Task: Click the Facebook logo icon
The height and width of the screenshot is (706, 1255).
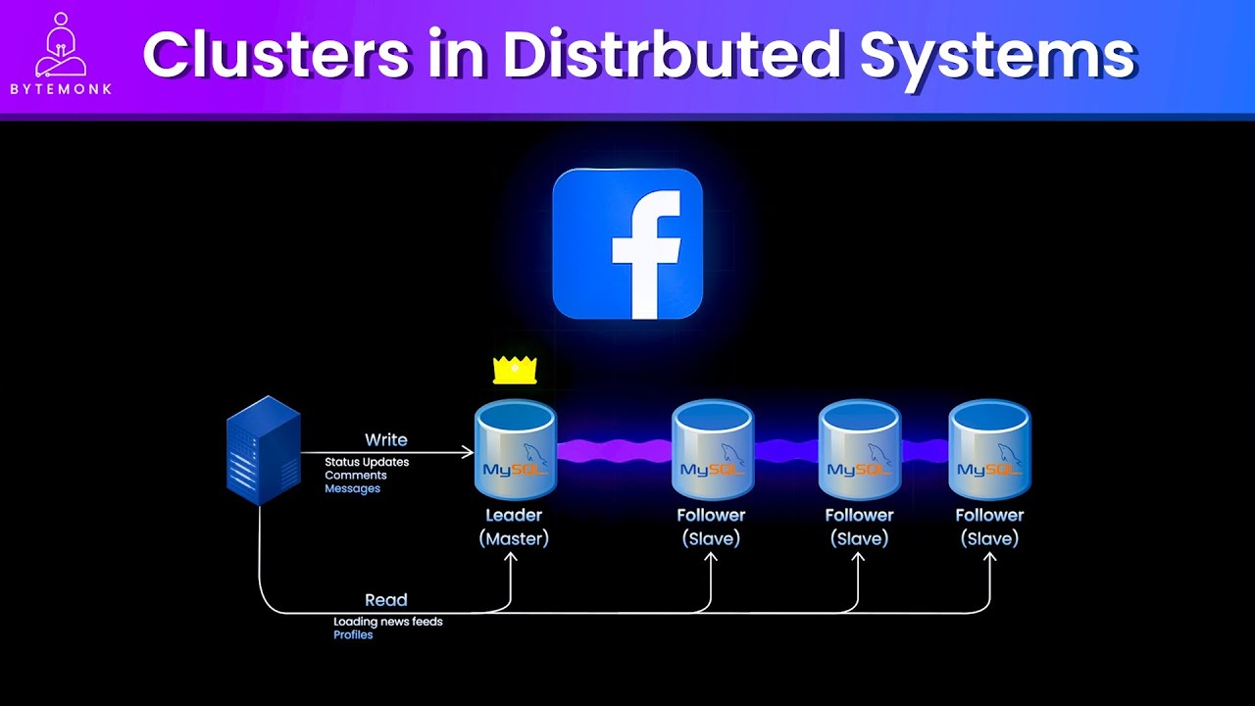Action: click(x=627, y=244)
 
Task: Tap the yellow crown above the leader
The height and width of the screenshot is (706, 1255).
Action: click(x=515, y=370)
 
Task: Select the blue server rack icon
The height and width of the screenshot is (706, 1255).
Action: click(x=263, y=450)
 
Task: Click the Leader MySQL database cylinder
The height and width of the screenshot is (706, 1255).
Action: click(x=515, y=450)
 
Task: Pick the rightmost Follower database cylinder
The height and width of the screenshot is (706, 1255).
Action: click(x=989, y=450)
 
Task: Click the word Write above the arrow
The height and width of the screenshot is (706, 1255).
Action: click(x=386, y=440)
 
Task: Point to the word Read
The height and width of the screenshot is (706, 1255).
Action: click(x=386, y=600)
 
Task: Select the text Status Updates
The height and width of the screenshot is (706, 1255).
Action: click(x=367, y=462)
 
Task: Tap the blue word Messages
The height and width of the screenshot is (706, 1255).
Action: click(x=352, y=488)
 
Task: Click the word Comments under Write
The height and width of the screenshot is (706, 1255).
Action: click(x=356, y=476)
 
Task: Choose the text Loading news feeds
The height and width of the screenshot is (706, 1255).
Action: click(x=388, y=622)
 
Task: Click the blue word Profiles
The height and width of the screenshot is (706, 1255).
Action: click(x=353, y=634)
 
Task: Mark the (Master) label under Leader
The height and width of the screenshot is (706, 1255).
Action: click(x=514, y=538)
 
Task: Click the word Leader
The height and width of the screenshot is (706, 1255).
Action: click(x=514, y=515)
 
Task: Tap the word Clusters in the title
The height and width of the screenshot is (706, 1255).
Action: click(x=276, y=55)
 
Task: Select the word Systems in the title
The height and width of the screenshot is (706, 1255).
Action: click(x=997, y=55)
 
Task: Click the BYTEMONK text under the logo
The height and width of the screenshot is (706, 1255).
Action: click(x=61, y=89)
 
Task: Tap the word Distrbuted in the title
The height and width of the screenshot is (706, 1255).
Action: click(x=672, y=55)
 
